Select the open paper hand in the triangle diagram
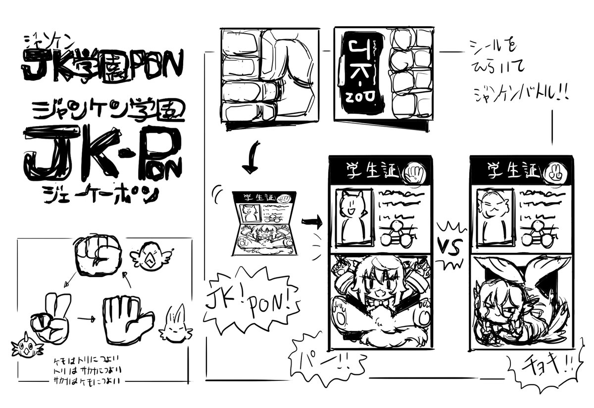(x=127, y=319)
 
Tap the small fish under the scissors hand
(x=25, y=347)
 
